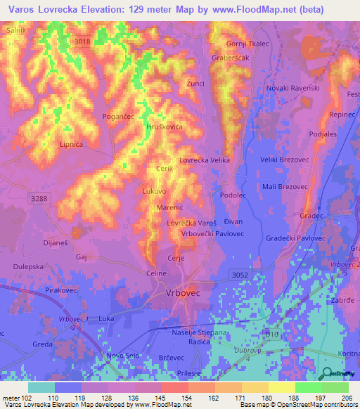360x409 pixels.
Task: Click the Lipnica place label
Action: coord(72,144)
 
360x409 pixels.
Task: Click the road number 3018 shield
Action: coord(83,41)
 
